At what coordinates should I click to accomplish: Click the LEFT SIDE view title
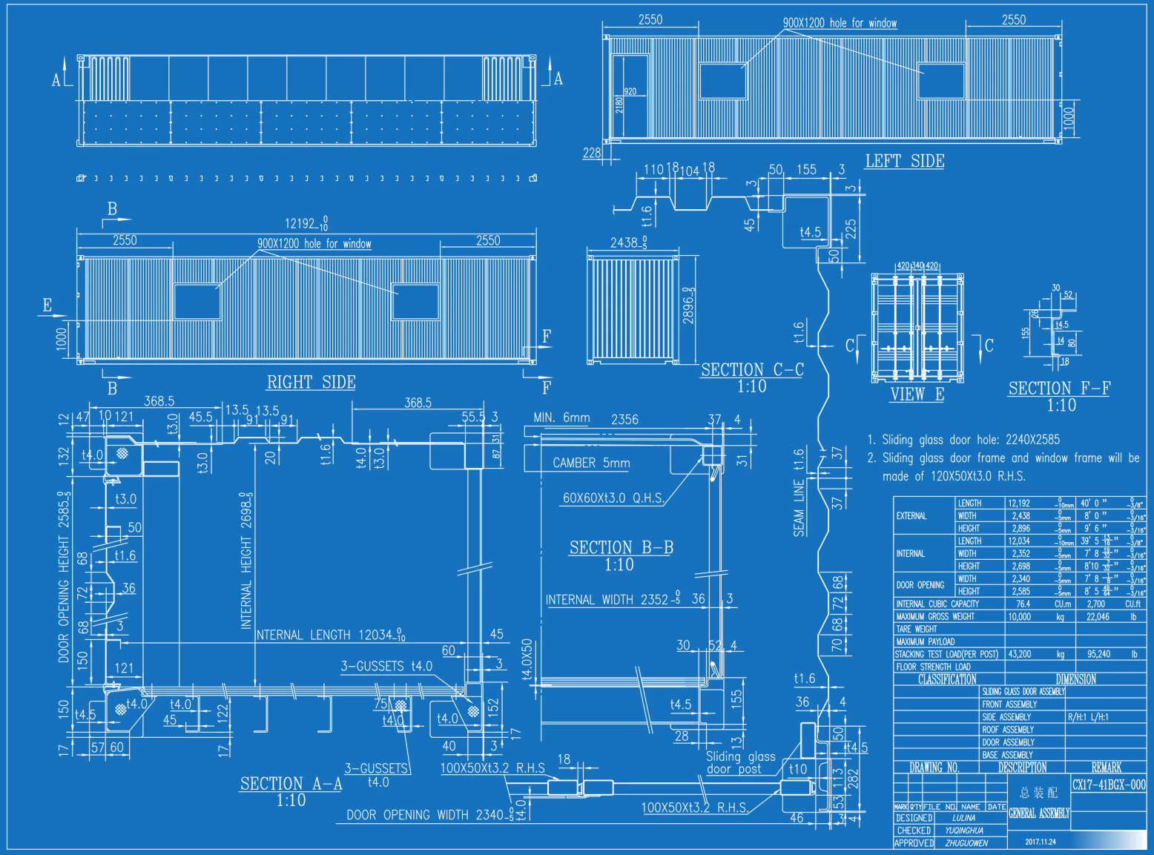click(x=904, y=161)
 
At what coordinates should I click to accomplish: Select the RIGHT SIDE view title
click(x=311, y=382)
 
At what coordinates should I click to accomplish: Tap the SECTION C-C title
click(x=752, y=369)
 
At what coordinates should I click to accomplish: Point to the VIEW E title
click(x=917, y=394)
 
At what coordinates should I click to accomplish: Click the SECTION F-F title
click(x=1059, y=388)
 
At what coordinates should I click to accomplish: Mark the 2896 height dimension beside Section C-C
click(x=689, y=306)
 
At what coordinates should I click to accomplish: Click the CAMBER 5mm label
click(x=591, y=463)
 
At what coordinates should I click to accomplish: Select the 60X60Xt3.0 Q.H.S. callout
click(x=613, y=498)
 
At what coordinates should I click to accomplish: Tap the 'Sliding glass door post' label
click(x=740, y=762)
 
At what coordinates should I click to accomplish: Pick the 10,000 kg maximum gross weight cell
click(x=1019, y=616)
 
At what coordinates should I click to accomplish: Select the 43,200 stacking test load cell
click(x=1019, y=654)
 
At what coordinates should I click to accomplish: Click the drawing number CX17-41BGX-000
click(x=1108, y=785)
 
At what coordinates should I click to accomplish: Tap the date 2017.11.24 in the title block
click(x=1040, y=842)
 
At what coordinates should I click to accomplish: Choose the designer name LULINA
click(x=963, y=818)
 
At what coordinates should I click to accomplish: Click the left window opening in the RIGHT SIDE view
click(x=197, y=301)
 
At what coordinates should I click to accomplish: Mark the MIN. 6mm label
click(x=561, y=417)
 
